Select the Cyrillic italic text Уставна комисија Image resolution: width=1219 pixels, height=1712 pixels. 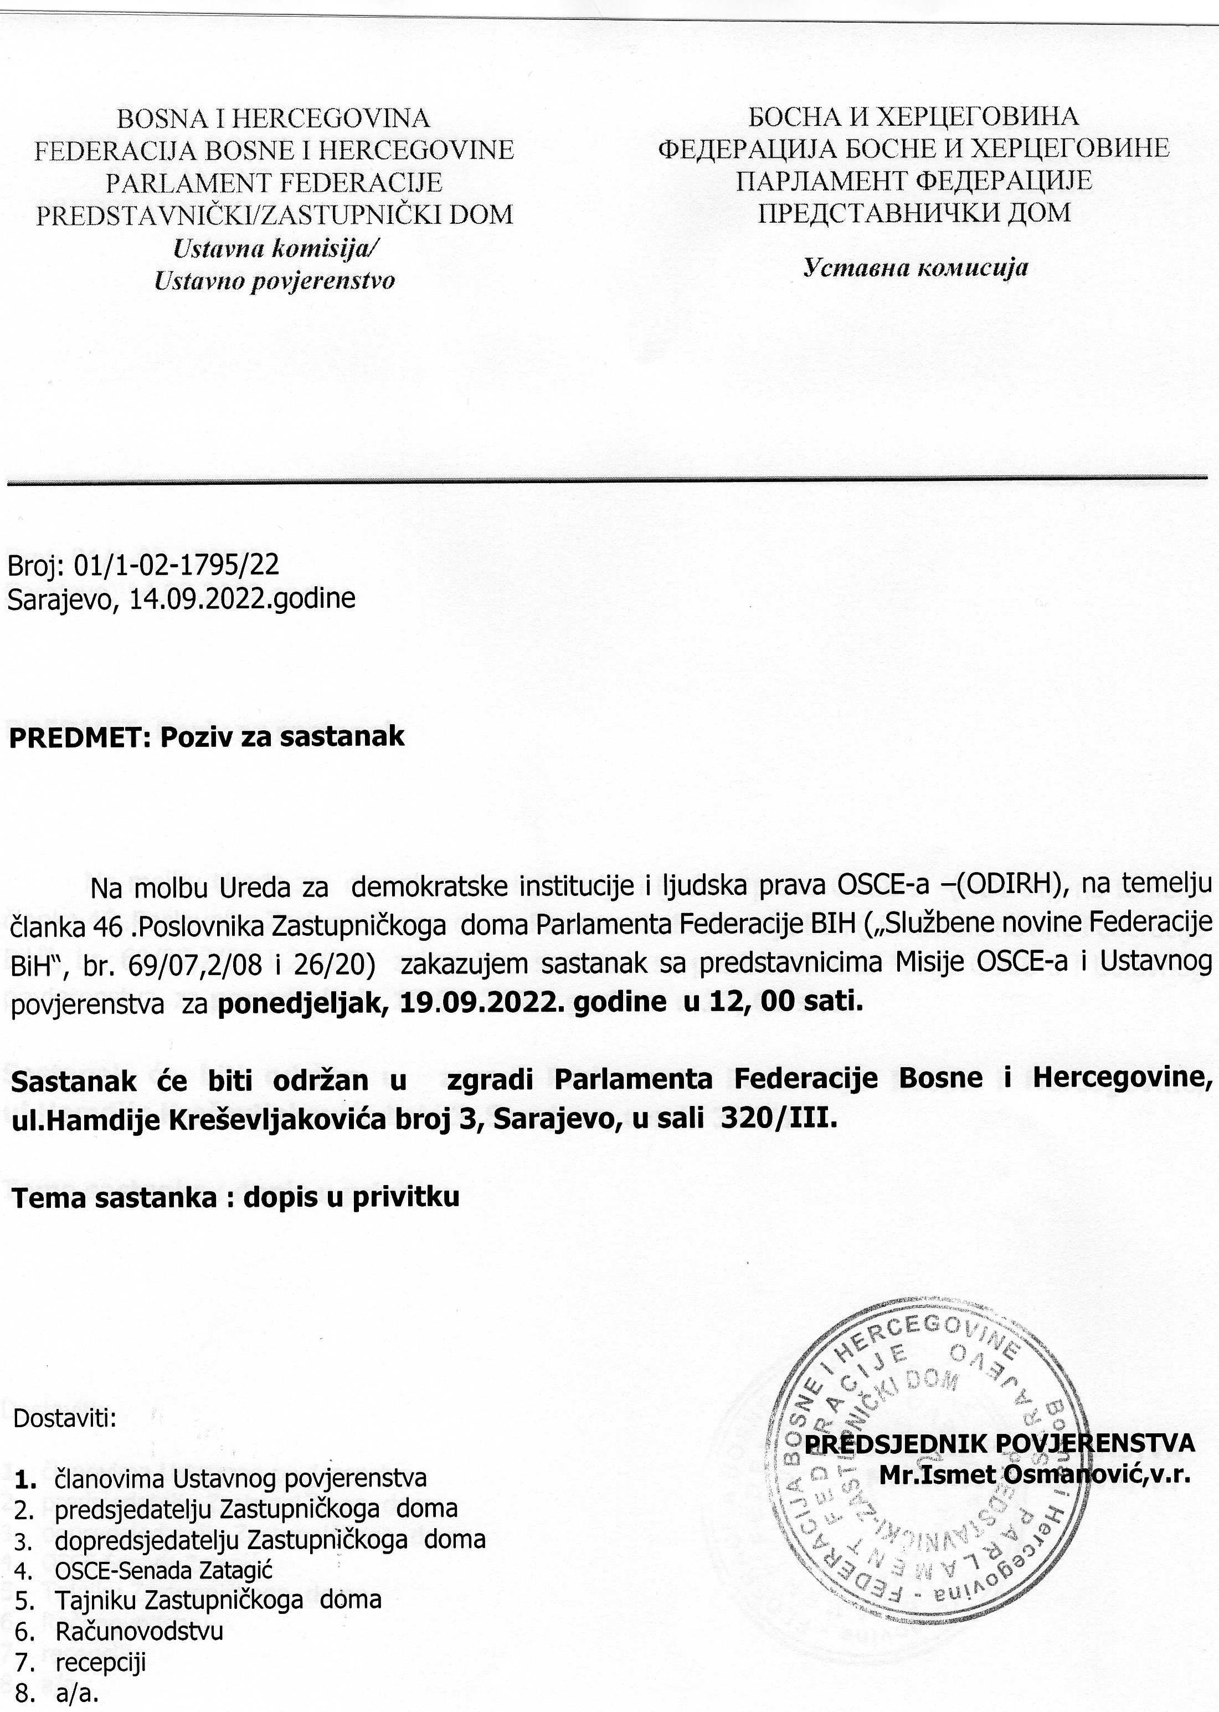tap(915, 267)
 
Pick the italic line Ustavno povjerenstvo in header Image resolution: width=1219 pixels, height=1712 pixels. tap(274, 281)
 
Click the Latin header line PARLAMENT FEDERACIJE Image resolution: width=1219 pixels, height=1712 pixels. tap(274, 182)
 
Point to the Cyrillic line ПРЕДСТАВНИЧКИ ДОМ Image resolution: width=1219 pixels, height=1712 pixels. tap(914, 213)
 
